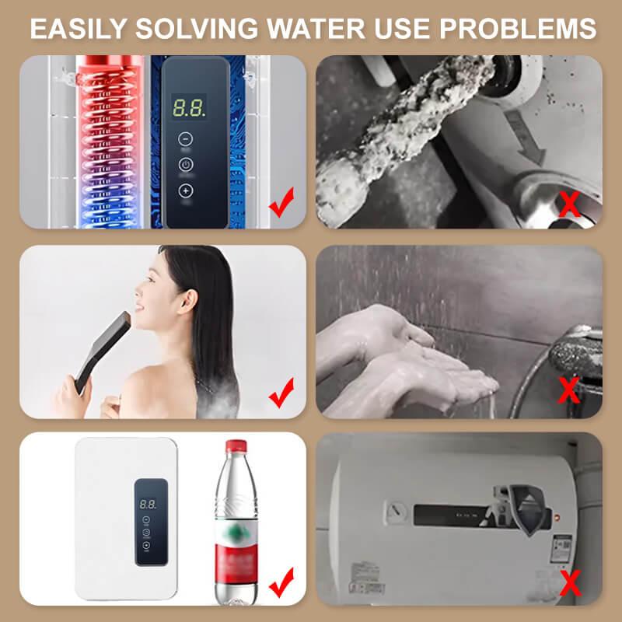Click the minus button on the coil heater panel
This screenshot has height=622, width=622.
pos(185,138)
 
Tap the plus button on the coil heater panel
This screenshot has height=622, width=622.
pos(185,190)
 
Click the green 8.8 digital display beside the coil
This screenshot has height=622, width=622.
pos(189,107)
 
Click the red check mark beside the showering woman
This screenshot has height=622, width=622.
pos(281,393)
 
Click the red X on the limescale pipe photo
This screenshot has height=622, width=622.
pos(571,204)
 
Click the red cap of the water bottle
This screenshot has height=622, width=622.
pos(236,446)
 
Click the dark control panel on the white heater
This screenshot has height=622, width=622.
pos(149,521)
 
